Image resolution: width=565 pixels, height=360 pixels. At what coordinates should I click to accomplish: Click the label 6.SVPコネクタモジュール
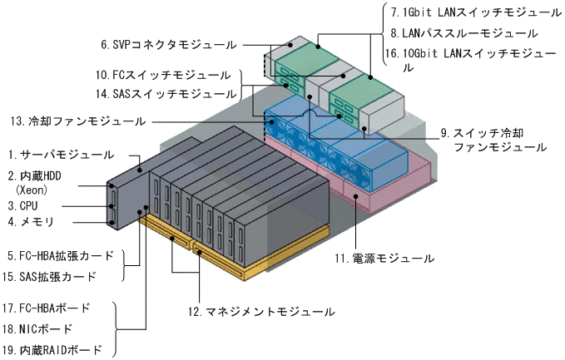168,44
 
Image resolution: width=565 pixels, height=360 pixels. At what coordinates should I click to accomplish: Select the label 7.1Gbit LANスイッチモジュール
475,13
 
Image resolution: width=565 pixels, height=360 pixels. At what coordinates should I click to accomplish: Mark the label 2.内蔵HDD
41,175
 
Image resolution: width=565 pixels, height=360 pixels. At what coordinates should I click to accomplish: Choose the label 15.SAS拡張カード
57,276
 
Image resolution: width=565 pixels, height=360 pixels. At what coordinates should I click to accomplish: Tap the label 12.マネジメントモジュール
260,312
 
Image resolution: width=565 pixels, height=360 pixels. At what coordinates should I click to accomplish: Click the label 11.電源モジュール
384,259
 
